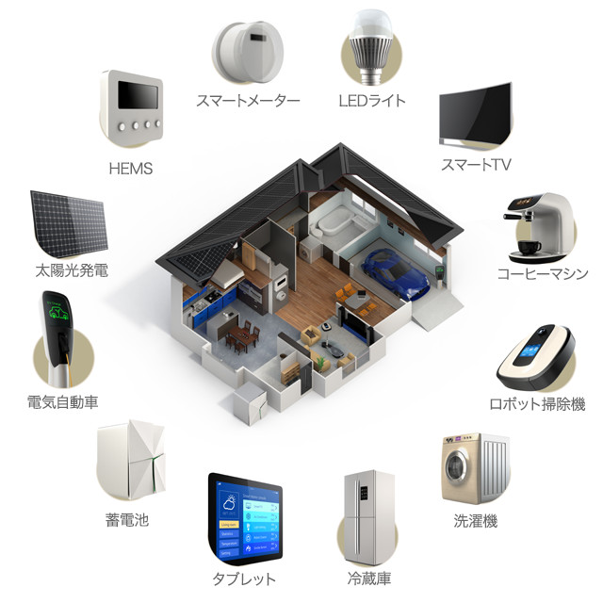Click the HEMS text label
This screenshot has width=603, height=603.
pyautogui.click(x=131, y=169)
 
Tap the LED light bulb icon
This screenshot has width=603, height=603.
pyautogui.click(x=370, y=47)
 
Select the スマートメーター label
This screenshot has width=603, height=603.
pyautogui.click(x=248, y=101)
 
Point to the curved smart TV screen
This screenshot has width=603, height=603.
pyautogui.click(x=476, y=112)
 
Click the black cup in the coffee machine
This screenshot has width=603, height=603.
pyautogui.click(x=530, y=247)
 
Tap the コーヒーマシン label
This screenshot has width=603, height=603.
pyautogui.click(x=543, y=274)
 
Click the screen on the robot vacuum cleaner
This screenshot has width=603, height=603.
pyautogui.click(x=528, y=353)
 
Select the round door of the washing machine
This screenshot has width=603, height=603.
pyautogui.click(x=457, y=466)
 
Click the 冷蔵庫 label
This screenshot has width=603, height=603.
pyautogui.click(x=369, y=579)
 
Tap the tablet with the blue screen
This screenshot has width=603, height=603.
pyautogui.click(x=245, y=519)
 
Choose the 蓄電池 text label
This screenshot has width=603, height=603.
pyautogui.click(x=127, y=520)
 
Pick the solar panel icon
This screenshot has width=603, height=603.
pyautogui.click(x=69, y=224)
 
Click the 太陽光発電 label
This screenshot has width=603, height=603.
pyautogui.click(x=72, y=270)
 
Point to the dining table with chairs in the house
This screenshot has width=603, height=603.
pyautogui.click(x=243, y=335)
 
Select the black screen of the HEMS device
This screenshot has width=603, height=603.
pyautogui.click(x=138, y=95)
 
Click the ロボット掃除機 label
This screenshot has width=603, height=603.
pyautogui.click(x=537, y=404)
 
